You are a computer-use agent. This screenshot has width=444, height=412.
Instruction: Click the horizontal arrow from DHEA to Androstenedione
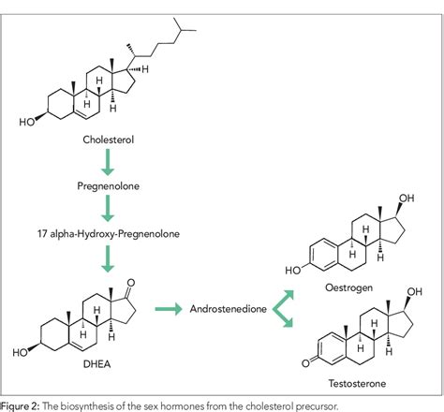[170, 307]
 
